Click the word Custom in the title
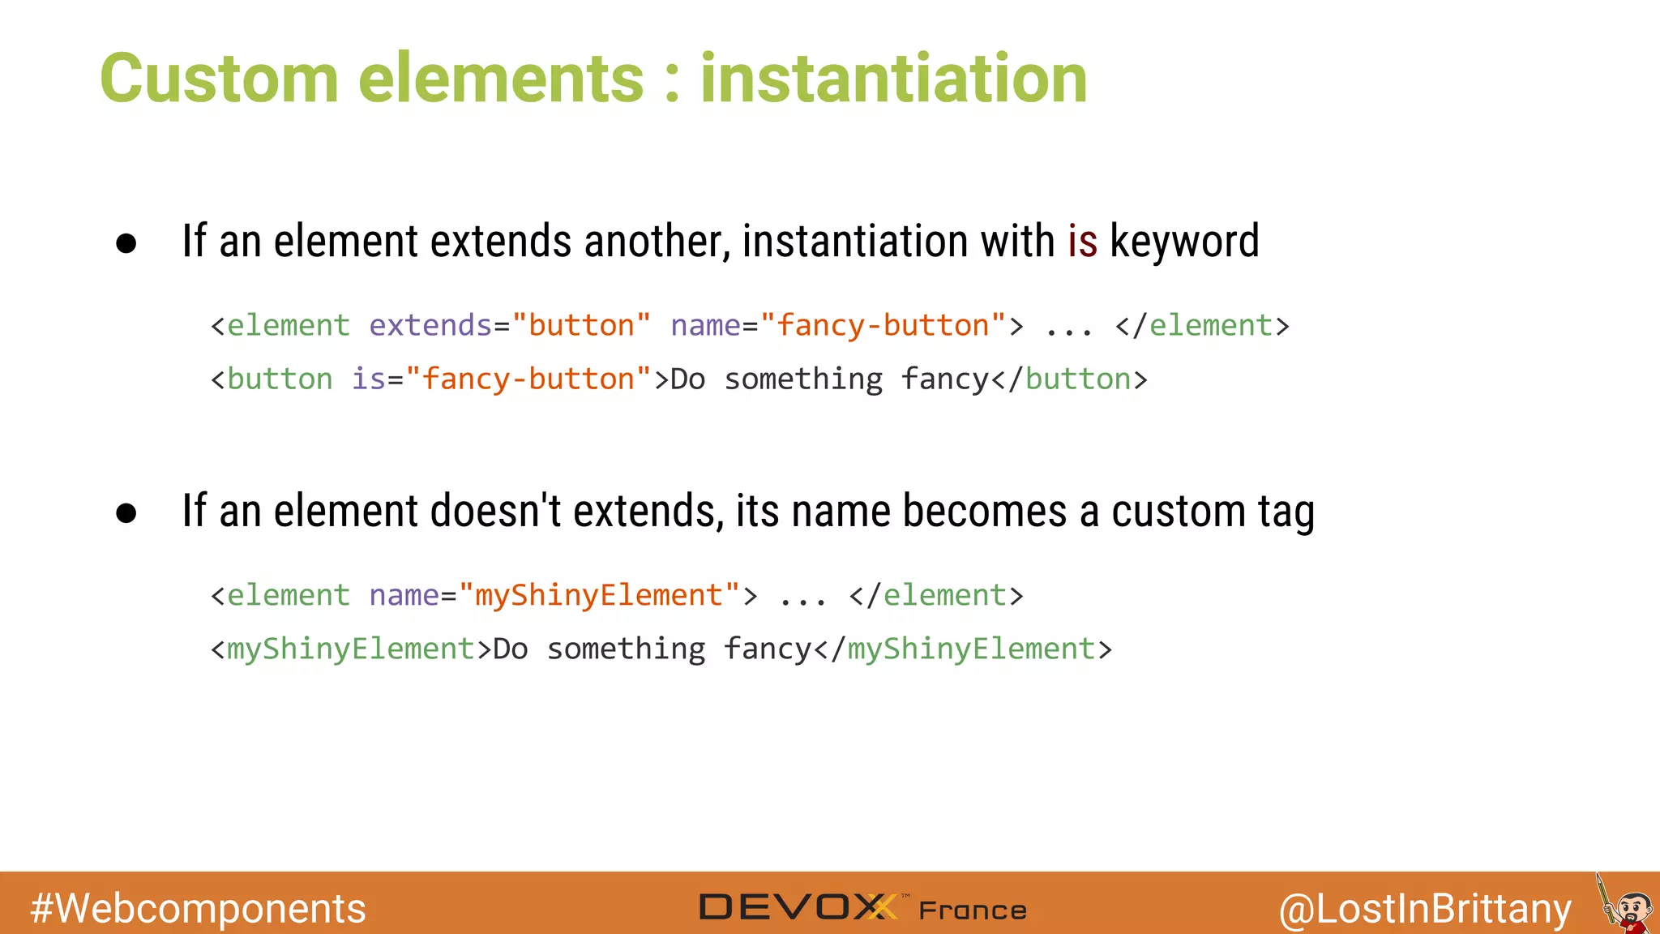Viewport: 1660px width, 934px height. click(219, 79)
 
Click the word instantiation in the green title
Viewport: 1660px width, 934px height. click(893, 79)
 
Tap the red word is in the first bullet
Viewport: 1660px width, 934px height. click(1082, 242)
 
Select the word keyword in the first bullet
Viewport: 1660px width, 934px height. click(1184, 242)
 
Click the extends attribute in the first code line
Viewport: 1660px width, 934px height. click(430, 326)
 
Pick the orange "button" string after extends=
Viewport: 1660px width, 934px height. click(581, 326)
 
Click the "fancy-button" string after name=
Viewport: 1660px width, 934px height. click(883, 326)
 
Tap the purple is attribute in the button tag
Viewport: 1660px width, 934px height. click(368, 379)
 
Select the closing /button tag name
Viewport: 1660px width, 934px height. click(1078, 379)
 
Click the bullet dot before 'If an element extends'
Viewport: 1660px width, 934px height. click(126, 243)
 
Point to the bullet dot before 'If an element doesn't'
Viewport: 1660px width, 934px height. click(126, 513)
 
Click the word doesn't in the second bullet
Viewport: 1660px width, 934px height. click(495, 512)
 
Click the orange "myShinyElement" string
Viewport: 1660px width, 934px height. click(599, 596)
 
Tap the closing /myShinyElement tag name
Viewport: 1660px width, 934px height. click(972, 649)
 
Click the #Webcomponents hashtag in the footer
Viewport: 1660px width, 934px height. click(198, 908)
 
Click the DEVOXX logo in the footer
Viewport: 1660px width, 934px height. click(798, 906)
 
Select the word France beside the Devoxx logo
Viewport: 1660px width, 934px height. click(973, 910)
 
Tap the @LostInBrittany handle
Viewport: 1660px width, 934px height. click(1425, 908)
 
